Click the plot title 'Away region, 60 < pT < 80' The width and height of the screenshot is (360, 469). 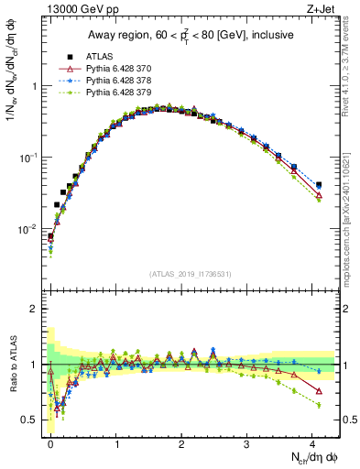190,35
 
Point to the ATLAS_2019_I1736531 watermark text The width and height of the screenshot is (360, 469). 190,274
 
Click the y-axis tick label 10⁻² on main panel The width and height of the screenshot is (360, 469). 29,228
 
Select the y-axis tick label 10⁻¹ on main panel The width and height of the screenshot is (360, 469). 29,157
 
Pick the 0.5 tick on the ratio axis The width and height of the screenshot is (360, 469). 33,420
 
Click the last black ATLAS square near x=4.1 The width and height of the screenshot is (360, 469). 319,184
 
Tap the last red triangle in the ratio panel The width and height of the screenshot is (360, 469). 319,391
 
